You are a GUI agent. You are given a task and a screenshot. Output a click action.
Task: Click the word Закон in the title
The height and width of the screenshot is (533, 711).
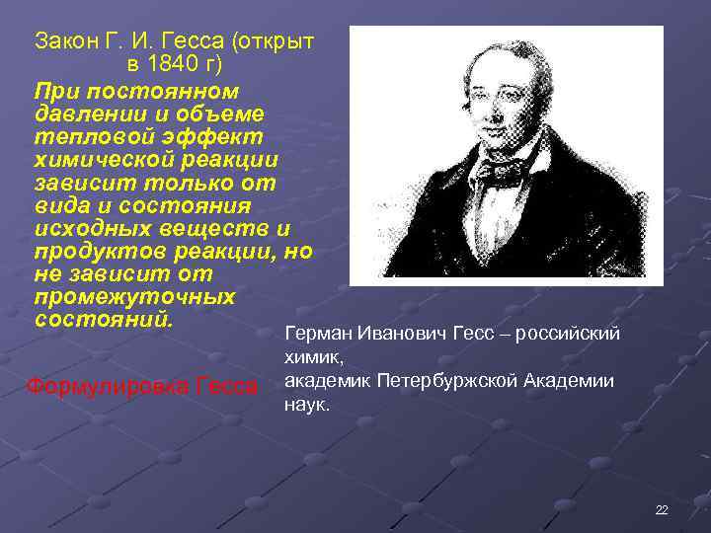click(x=63, y=41)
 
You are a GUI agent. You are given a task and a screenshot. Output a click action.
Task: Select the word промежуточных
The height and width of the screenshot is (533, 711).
click(x=134, y=297)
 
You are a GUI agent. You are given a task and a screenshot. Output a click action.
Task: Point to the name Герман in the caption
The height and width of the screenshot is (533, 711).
click(x=317, y=334)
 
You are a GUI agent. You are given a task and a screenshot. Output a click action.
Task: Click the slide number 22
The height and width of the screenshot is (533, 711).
click(x=661, y=509)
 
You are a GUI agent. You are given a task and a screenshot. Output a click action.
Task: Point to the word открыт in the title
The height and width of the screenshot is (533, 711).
click(x=278, y=41)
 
